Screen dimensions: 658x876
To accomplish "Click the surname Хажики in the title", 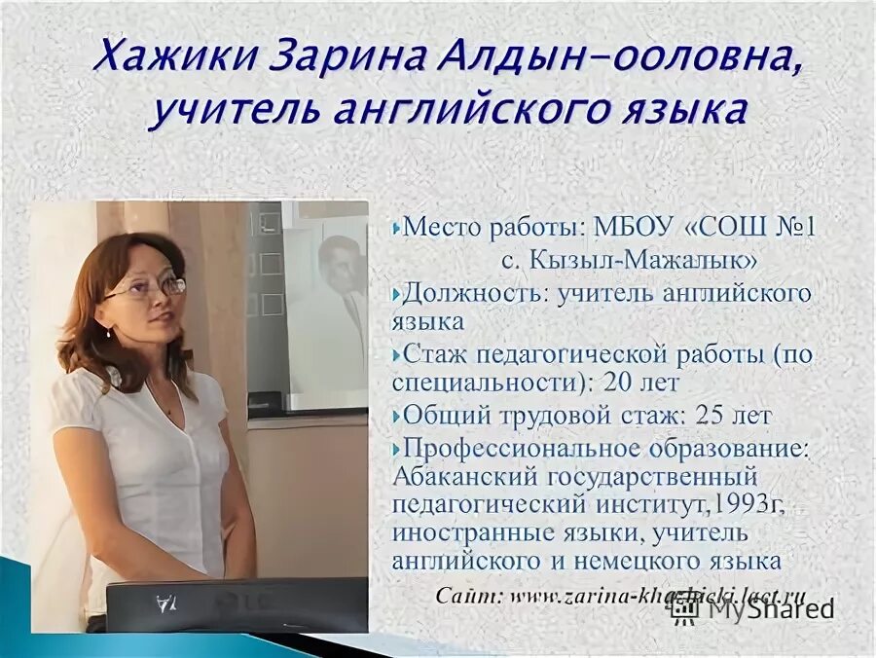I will [x=166, y=56].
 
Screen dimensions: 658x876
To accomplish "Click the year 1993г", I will [x=751, y=504].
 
